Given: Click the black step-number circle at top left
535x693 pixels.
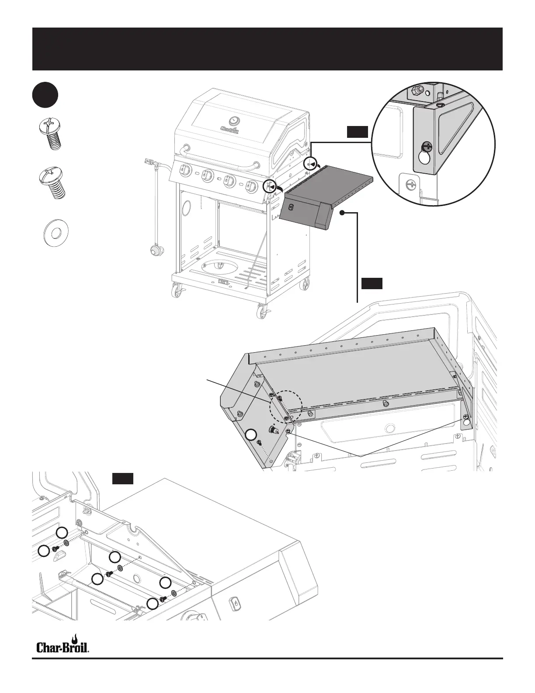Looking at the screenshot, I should tap(45, 95).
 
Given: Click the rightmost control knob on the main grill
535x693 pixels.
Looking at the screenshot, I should tap(251, 187).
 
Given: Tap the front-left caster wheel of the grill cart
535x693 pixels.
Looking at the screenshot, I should tap(177, 290).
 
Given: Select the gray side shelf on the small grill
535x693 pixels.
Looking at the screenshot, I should tap(326, 192).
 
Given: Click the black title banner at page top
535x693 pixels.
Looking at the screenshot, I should tap(267, 49).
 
